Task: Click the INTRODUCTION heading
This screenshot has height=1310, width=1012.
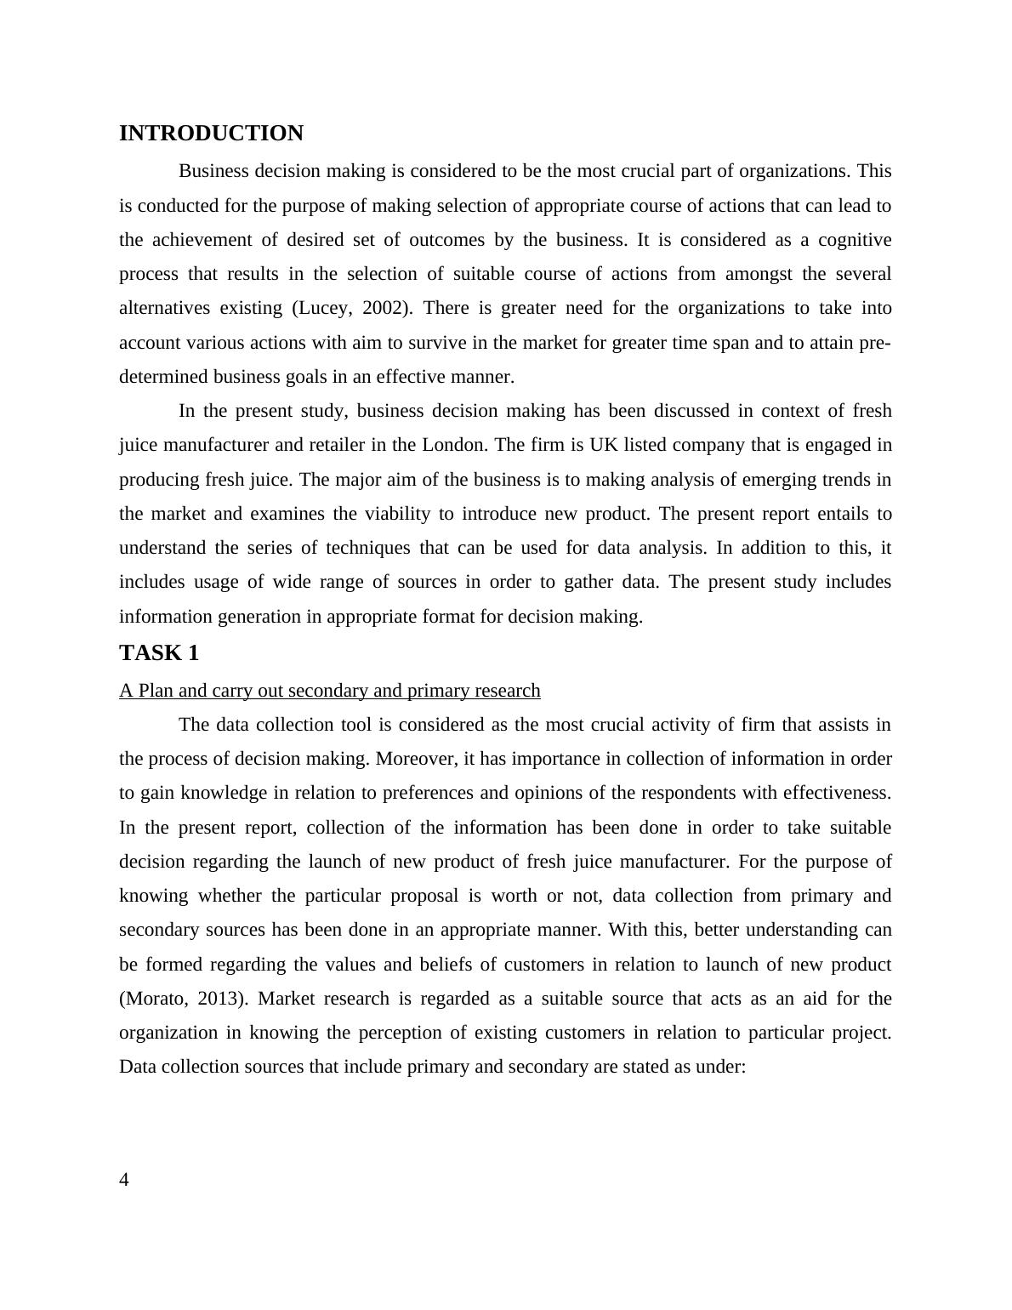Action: (211, 134)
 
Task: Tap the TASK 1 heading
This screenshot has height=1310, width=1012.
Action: (159, 652)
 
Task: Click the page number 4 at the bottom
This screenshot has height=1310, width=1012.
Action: (124, 1179)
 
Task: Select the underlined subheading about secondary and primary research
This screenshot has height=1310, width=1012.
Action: (330, 691)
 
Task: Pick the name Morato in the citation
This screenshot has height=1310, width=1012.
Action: (159, 999)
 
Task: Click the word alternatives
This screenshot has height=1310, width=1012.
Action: (158, 308)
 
